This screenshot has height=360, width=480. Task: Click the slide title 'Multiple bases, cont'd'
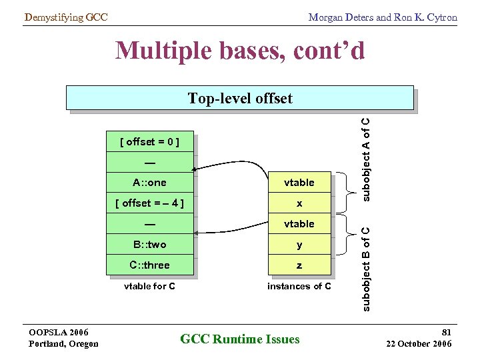pos(240,51)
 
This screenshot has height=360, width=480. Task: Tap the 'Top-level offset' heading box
pos(239,99)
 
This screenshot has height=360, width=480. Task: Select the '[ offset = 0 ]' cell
pos(149,141)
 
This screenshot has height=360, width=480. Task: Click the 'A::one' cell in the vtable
pos(149,183)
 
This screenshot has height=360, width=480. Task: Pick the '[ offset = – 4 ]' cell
pos(149,203)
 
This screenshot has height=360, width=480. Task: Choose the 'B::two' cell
pos(149,245)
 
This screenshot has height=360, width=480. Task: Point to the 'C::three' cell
pos(149,265)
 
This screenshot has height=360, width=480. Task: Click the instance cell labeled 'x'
pos(299,203)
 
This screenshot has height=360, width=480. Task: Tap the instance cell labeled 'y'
pos(299,245)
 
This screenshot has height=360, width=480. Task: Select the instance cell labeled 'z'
pos(299,265)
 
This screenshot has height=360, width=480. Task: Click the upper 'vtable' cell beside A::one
pos(299,183)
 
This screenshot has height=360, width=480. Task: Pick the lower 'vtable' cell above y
pos(299,224)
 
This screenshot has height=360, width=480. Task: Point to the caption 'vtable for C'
pos(150,286)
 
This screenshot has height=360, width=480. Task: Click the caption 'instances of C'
pos(299,286)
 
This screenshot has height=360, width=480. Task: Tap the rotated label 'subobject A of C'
pos(366,158)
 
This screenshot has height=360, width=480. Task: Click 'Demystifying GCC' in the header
pos(65,17)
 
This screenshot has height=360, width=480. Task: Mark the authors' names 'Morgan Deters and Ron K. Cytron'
pos(383,17)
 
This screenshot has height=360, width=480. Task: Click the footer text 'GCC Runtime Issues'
pos(240,339)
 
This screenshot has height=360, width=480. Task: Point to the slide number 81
pos(446,331)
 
